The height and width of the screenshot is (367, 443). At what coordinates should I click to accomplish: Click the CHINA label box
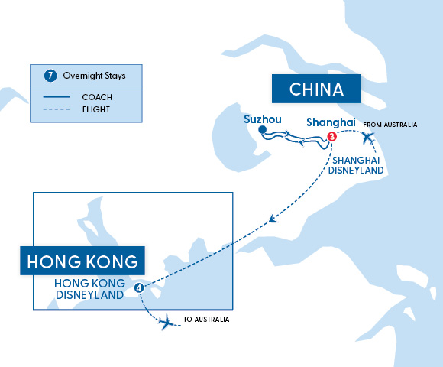click(x=316, y=89)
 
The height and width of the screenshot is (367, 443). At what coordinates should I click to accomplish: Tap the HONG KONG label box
click(x=82, y=261)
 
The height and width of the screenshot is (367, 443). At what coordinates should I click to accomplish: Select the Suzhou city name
click(x=263, y=119)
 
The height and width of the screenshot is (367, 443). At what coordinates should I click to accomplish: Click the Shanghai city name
click(x=330, y=122)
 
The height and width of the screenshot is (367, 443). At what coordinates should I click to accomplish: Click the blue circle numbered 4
click(x=138, y=287)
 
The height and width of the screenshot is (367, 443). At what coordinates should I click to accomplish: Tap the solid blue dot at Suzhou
click(x=262, y=130)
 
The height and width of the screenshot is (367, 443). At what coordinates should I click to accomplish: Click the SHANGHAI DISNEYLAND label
click(x=356, y=164)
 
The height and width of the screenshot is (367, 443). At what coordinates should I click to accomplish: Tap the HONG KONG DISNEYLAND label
click(x=88, y=289)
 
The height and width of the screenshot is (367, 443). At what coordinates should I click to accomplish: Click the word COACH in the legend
click(x=97, y=97)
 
